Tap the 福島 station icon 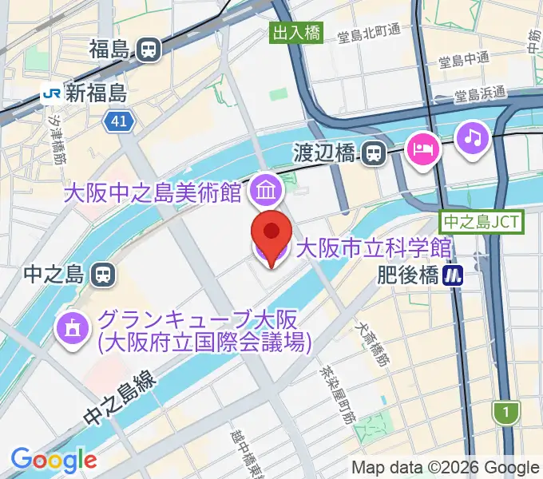coord(148,50)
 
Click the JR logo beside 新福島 coord(52,93)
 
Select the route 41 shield coord(119,121)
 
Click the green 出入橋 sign coord(295,33)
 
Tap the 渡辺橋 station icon coord(373,152)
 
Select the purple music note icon coord(472,137)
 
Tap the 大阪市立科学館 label coord(374,248)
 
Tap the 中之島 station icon coord(103,275)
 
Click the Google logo coord(54,460)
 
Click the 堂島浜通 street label coord(481,93)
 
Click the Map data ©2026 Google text coord(446,467)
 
